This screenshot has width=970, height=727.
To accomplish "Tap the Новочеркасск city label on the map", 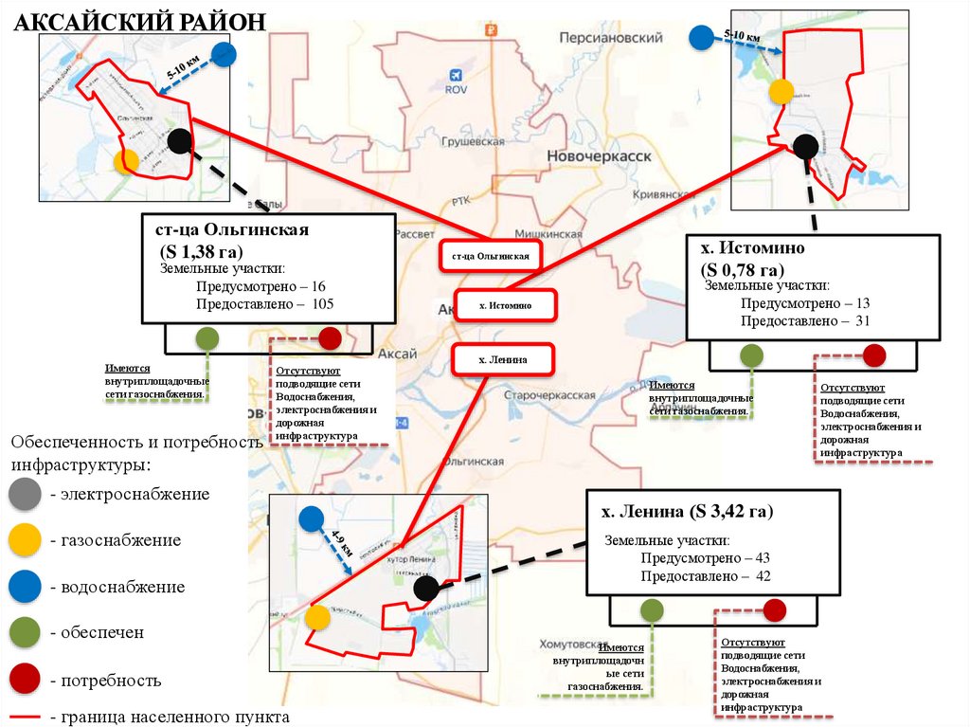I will point(599,156).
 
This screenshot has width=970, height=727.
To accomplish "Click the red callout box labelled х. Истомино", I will point(505,305).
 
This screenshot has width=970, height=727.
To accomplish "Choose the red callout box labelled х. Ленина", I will point(502,359).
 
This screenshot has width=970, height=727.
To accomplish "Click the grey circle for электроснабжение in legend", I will point(24,494).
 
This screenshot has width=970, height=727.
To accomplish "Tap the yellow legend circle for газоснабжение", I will point(24,540).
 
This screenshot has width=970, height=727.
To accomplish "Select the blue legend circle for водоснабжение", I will point(24,587).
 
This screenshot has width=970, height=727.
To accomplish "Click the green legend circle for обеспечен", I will point(24,633).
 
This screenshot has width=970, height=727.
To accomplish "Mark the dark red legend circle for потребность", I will point(24,680).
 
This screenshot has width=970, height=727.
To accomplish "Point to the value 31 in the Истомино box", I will point(861,321).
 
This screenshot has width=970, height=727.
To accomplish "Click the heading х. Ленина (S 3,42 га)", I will point(687,513).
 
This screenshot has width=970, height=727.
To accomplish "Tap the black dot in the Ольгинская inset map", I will point(179,142).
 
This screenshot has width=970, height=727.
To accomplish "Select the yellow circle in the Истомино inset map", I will point(781,92).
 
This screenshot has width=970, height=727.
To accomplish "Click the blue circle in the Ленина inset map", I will point(311,519).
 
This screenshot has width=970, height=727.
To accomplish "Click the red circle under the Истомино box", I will point(873,355).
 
